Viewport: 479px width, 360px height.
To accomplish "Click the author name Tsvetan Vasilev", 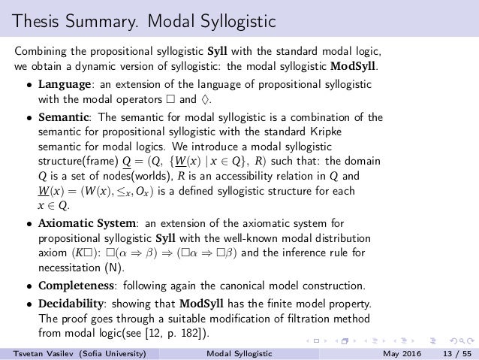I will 36,352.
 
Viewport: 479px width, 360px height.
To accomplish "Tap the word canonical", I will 255,286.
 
